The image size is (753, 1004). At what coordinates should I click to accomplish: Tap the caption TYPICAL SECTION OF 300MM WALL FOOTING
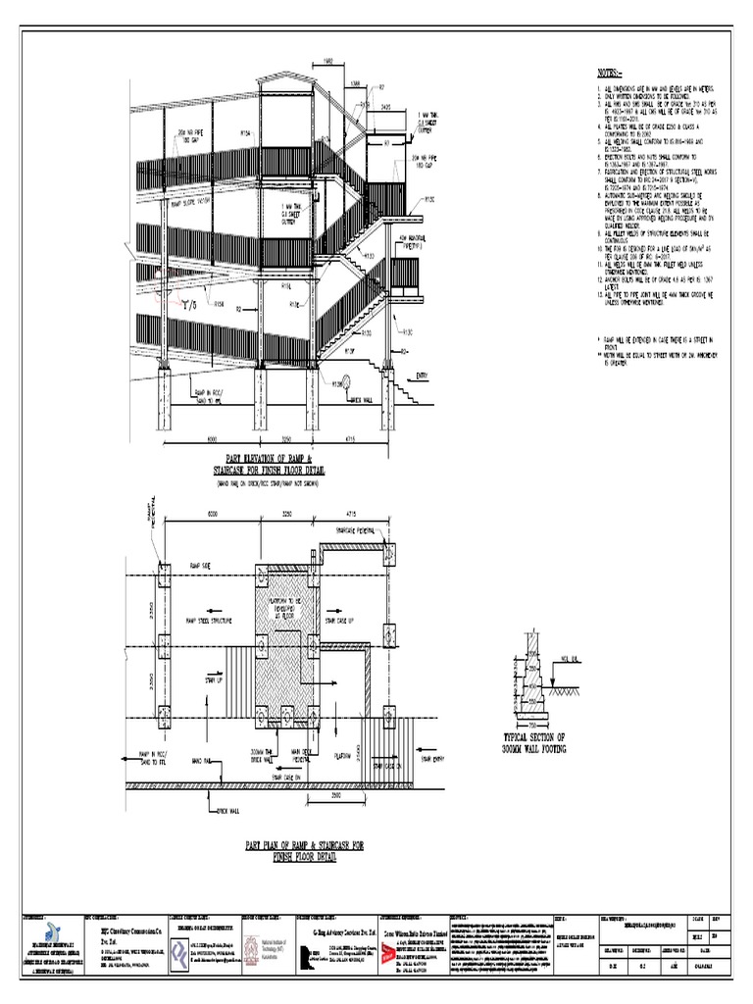[535, 742]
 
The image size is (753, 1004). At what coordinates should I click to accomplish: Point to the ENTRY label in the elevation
[423, 375]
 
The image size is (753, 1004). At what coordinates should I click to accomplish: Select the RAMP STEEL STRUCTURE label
[210, 621]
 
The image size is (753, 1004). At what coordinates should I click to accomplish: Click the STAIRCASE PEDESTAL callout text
[359, 530]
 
